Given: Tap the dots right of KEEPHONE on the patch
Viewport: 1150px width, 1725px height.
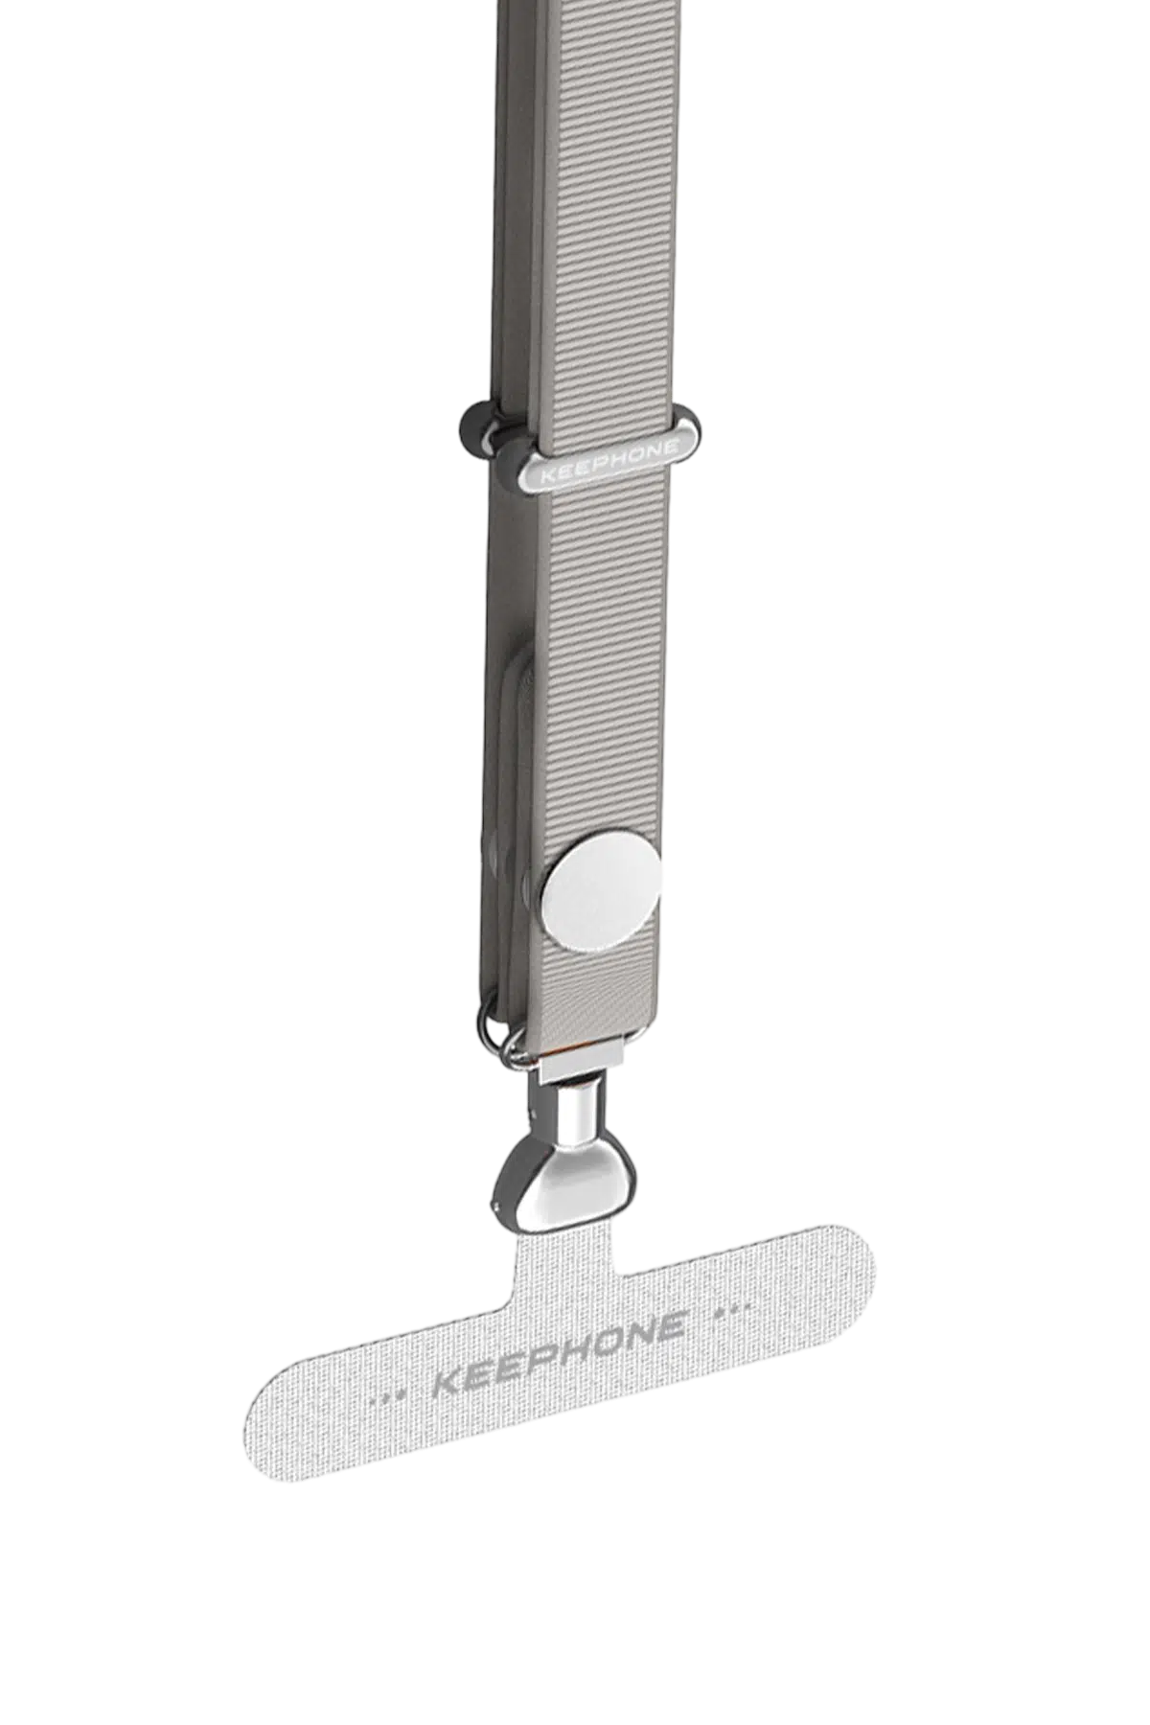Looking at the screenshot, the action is pos(731,1308).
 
